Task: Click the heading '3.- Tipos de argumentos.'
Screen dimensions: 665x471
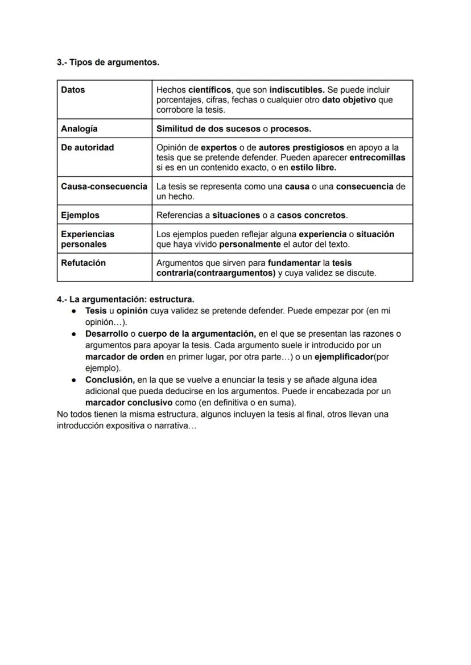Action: tap(108, 62)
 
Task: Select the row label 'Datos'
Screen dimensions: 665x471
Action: tap(73, 90)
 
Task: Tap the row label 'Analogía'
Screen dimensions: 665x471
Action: tap(79, 129)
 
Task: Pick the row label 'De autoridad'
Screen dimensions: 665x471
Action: tap(87, 147)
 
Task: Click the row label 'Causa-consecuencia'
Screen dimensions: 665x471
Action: tap(104, 187)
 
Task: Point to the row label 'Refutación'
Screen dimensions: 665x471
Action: tap(83, 263)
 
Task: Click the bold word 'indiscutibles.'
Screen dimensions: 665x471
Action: tap(297, 90)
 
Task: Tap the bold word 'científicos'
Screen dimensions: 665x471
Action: tap(209, 90)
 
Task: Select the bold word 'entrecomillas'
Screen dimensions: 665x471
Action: tap(377, 158)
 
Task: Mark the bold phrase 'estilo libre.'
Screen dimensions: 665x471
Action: tap(313, 168)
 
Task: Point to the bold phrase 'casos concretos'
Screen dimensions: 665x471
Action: tap(311, 215)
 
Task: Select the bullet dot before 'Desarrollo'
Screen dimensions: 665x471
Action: tap(74, 334)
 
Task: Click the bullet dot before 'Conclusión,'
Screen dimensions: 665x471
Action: tap(74, 380)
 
